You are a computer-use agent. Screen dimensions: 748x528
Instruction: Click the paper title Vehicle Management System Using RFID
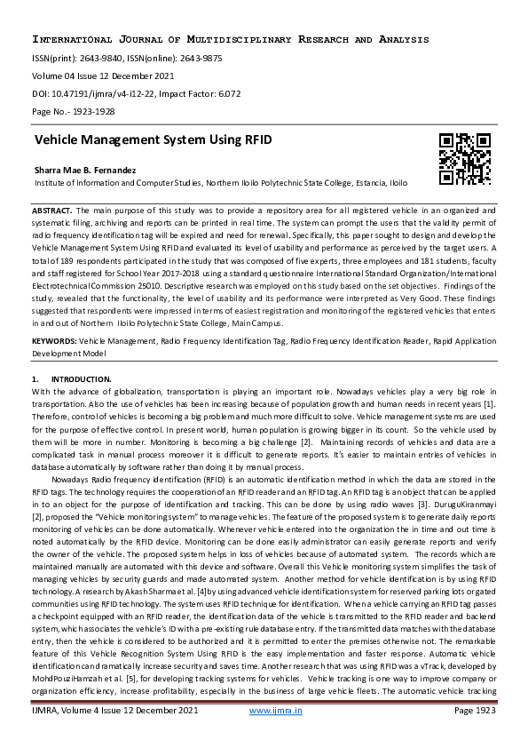(153, 140)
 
